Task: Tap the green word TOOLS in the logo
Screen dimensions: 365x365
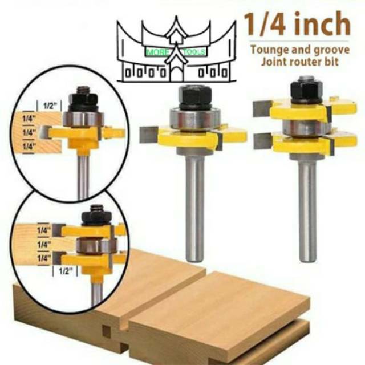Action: (x=196, y=52)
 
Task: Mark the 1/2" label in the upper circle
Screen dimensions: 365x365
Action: (x=48, y=105)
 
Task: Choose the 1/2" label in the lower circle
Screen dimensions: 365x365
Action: (x=64, y=271)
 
